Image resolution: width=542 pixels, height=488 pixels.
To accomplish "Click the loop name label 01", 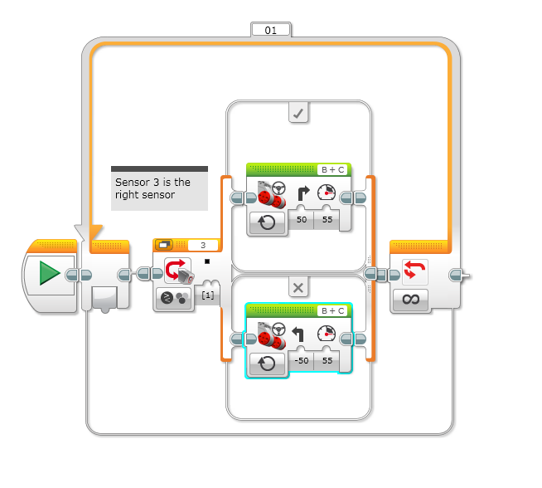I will coord(271,30).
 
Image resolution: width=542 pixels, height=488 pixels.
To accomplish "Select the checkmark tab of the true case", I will coord(299,113).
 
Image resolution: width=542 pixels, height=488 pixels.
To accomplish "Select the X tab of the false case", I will coord(299,287).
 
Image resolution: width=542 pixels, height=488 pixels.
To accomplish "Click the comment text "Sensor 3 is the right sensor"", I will coord(152,188).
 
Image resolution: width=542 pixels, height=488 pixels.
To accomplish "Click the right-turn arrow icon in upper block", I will coord(302,196).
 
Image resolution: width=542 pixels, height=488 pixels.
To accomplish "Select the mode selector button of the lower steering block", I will coord(266,363).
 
